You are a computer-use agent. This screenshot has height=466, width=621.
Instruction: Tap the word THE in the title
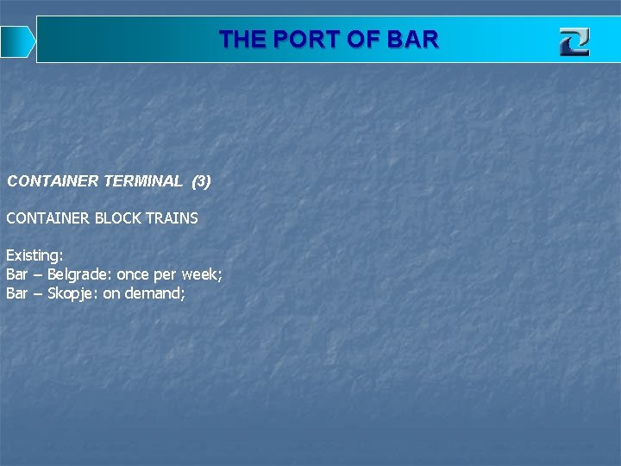241,40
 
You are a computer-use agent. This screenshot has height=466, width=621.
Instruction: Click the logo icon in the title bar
574,41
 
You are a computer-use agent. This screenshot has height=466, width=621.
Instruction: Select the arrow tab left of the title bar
16,41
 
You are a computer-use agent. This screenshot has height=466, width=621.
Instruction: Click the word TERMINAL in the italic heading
142,181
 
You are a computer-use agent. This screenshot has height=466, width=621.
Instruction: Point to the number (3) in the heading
201,181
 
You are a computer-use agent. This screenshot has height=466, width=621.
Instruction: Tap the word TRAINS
172,218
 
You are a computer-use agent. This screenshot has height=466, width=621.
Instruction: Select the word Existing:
34,255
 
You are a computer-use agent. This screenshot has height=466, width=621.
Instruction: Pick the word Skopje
72,293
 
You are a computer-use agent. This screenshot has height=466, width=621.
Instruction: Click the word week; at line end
202,274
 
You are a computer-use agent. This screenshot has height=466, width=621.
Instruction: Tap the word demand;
160,293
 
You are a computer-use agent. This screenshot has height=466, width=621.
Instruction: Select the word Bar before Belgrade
17,274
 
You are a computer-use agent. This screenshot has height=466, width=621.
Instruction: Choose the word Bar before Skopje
17,293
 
